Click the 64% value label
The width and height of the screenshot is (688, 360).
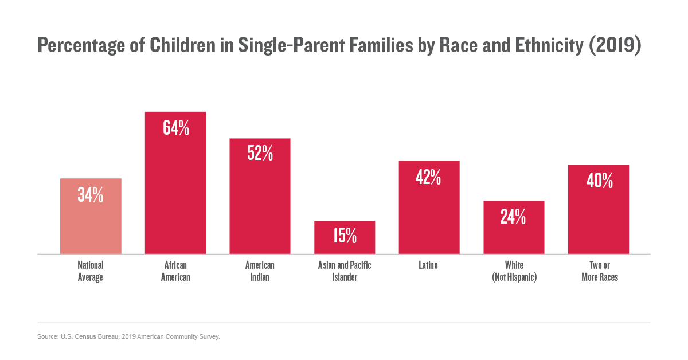pos(175,128)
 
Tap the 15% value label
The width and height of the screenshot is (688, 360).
pos(345,235)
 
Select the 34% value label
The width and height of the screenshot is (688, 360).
pos(91,195)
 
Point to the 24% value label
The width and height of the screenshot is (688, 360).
pos(514,216)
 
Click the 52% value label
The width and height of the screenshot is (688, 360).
pos(260,153)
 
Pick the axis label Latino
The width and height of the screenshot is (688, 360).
pos(429,265)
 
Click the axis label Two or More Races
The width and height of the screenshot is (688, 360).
pos(599,271)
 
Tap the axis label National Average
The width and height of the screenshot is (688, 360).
pos(91,271)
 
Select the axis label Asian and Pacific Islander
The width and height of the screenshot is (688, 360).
pos(345,271)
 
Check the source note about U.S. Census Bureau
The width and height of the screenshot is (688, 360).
pos(128,336)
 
